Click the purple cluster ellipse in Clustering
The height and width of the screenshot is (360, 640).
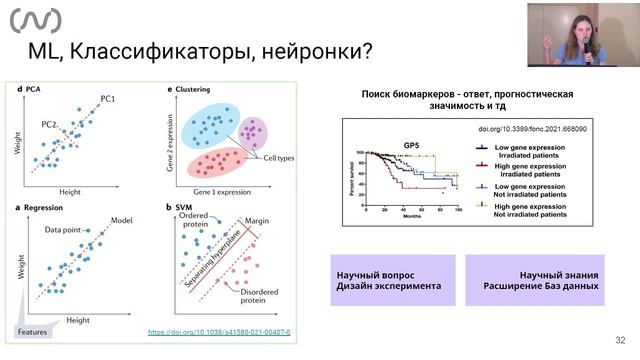tap(251, 133)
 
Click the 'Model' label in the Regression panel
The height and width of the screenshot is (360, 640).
tap(123, 220)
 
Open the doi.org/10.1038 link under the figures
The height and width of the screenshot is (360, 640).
tap(219, 331)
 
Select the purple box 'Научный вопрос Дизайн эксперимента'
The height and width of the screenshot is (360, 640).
tap(392, 279)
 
